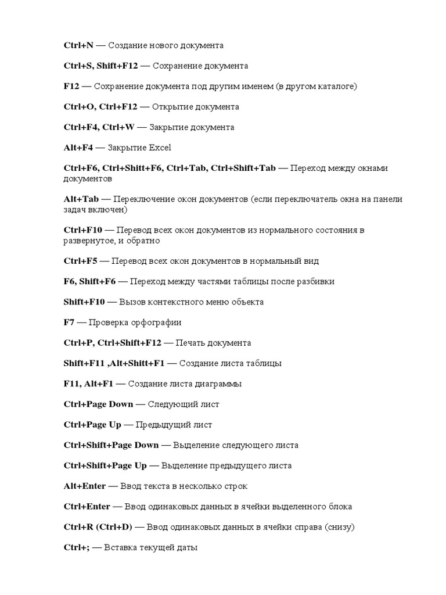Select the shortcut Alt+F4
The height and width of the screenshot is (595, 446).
click(x=78, y=148)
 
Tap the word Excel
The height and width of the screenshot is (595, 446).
click(x=160, y=148)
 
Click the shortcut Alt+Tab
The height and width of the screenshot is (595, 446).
click(x=80, y=199)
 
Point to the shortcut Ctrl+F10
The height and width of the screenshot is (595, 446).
click(x=83, y=230)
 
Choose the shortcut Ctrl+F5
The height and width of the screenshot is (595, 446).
click(x=81, y=261)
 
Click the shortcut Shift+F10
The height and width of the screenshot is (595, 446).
click(x=84, y=302)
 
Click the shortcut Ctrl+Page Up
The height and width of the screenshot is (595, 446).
click(x=92, y=425)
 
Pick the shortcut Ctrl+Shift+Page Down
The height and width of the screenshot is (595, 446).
click(x=111, y=445)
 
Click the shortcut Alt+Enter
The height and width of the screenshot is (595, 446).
click(x=85, y=486)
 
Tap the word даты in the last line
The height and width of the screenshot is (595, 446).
click(x=188, y=547)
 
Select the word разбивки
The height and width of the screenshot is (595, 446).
click(x=315, y=282)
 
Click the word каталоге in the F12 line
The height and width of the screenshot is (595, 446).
click(x=335, y=87)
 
